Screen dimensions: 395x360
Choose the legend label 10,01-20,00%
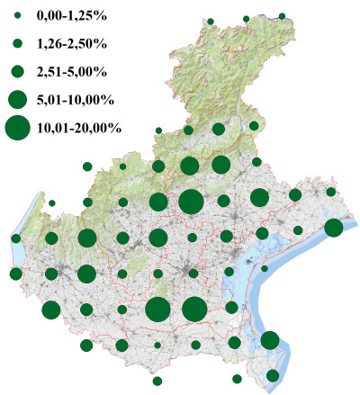pos(80,128)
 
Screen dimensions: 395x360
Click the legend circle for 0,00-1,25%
pos(17,17)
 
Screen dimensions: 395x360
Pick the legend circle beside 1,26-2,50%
pos(17,42)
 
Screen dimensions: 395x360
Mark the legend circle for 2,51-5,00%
pos(17,69)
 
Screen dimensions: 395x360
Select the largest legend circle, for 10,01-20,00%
pos(17,128)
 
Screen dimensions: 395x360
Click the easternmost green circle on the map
pos(333,228)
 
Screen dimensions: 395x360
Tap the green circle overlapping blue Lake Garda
pos(16,238)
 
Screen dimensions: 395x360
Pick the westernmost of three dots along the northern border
pos(210,21)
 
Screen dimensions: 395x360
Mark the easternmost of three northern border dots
pos(282,15)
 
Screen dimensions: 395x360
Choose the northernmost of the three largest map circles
pos(190,202)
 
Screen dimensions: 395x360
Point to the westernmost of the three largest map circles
pos(157,310)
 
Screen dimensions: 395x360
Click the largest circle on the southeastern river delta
pos(269,340)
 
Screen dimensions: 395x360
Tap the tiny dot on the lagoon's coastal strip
pos(265,268)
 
